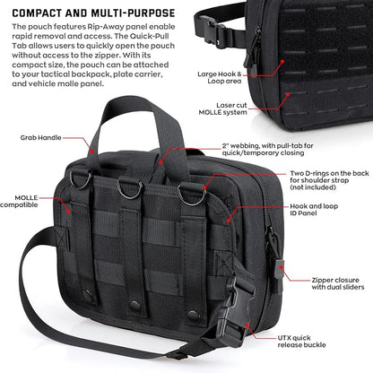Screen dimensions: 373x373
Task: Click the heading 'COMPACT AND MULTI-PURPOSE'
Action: [93, 13]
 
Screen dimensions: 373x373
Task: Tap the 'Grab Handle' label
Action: [41, 138]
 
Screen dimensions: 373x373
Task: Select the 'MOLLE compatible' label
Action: [19, 202]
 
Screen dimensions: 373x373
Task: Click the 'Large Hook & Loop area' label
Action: [220, 77]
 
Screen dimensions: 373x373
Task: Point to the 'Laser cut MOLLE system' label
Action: [223, 108]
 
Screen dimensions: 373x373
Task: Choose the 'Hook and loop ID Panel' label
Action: [314, 210]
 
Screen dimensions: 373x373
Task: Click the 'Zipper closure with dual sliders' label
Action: [338, 283]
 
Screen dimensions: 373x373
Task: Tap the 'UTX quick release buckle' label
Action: [301, 342]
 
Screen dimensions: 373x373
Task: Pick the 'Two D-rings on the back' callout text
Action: [329, 173]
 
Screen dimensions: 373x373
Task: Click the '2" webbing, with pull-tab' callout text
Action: [267, 146]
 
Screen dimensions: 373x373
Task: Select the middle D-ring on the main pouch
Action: [130, 187]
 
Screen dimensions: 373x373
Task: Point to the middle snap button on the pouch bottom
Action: [135, 306]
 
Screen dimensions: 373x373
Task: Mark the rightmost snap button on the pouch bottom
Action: [194, 316]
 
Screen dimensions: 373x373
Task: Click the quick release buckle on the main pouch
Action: [235, 312]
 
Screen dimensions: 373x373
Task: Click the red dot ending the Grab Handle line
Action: [92, 152]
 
